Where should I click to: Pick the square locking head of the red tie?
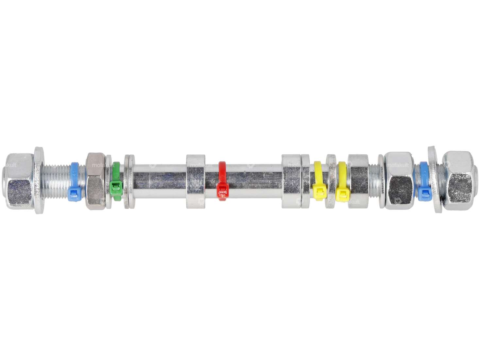click(x=222, y=189)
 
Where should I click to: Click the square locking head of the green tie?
click(x=115, y=187)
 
